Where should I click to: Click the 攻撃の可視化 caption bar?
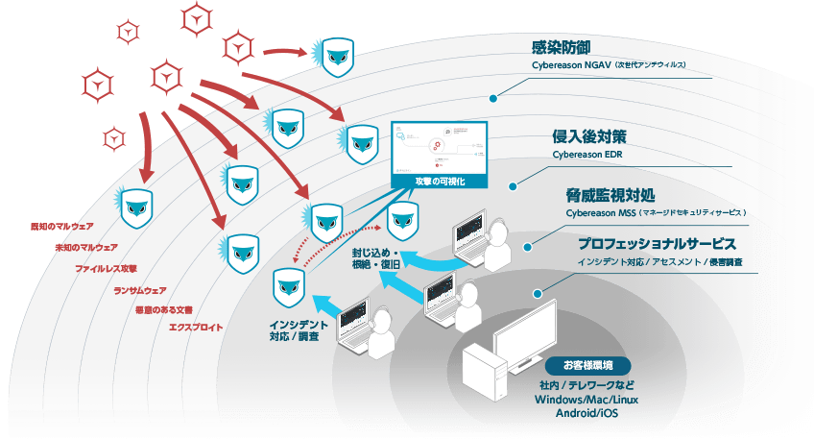click(439, 181)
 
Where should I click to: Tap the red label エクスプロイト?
click(196, 328)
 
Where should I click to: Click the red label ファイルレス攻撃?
click(107, 268)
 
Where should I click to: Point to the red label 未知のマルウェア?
click(87, 247)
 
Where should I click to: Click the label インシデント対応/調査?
click(299, 329)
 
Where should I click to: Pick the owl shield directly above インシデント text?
click(289, 284)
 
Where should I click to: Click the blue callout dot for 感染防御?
click(493, 97)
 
